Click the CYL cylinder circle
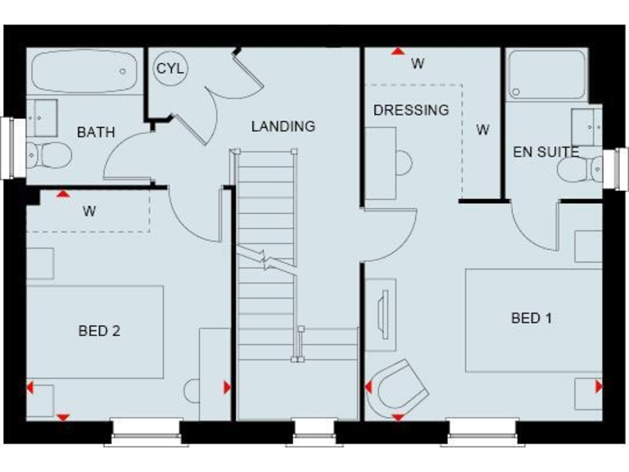point(170,69)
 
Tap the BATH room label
point(96,132)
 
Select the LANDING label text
point(283,126)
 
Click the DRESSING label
point(411,110)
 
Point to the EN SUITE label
point(545,152)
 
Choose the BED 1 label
point(531,318)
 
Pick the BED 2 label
point(99,331)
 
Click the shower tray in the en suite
point(546,75)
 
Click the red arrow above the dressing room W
point(397,52)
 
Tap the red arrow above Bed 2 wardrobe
point(63,194)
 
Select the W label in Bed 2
point(89,211)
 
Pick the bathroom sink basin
point(44,116)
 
